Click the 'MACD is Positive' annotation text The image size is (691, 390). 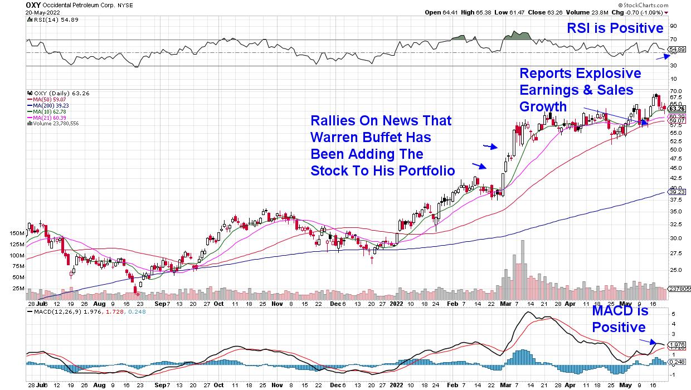(x=619, y=319)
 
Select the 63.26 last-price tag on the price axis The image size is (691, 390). (x=677, y=109)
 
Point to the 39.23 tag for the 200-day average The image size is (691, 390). (x=677, y=192)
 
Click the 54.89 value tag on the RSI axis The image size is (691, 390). (x=677, y=50)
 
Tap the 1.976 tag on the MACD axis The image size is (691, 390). (x=677, y=344)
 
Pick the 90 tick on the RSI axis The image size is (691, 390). (x=673, y=26)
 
